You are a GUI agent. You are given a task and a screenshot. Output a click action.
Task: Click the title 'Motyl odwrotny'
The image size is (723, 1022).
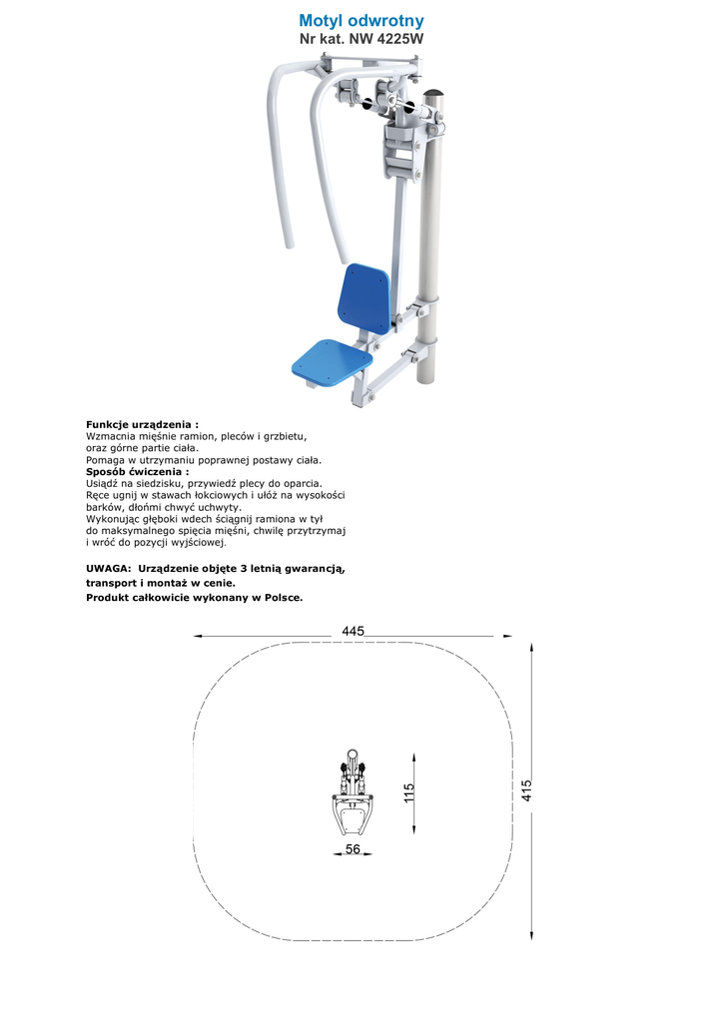(x=361, y=21)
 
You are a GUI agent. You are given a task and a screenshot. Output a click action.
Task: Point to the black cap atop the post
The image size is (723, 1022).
(x=435, y=96)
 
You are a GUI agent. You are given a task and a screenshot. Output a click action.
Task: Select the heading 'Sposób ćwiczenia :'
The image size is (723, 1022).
(x=137, y=471)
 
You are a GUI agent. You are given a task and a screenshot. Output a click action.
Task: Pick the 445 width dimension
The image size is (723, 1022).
(x=353, y=631)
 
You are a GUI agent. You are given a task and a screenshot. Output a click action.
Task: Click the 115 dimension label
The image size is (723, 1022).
(x=408, y=794)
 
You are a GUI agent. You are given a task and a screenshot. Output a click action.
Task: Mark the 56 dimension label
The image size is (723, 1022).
(x=353, y=848)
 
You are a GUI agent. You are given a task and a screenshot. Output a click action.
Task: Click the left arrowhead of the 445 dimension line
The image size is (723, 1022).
(x=197, y=636)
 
